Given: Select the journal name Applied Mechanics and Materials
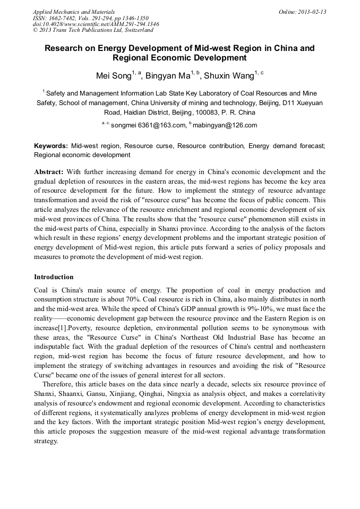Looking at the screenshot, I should click(x=74, y=12).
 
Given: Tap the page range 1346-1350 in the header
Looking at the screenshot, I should click(x=136, y=18).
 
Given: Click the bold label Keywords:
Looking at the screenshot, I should click(x=51, y=145).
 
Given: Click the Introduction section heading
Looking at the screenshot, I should click(x=54, y=277).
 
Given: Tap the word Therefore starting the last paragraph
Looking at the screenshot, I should click(x=59, y=393).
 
